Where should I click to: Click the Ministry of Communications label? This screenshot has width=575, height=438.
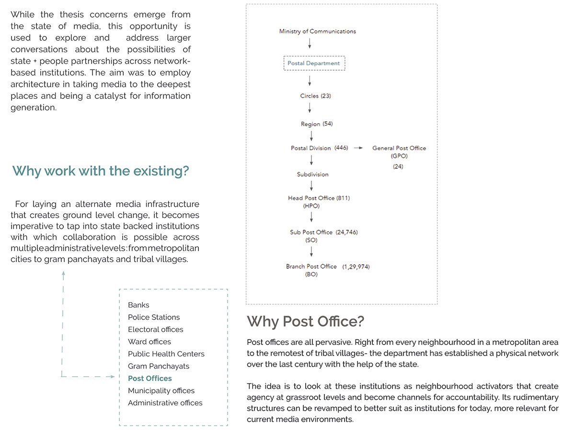point(317,31)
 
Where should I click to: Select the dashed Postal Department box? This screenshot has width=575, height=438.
point(314,63)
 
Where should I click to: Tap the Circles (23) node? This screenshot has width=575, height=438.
point(315,96)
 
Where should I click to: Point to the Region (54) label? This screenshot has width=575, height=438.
point(316,124)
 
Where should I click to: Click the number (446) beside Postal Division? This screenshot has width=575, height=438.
point(341,148)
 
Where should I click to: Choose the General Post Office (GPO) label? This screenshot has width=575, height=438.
point(399,152)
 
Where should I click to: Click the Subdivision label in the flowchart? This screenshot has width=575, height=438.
point(312,174)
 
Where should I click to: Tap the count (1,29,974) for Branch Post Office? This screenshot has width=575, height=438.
point(356,266)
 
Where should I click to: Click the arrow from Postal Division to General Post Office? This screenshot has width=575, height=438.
point(358,148)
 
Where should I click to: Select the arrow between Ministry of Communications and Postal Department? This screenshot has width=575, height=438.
point(310,43)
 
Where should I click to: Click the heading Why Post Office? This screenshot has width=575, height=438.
point(305,321)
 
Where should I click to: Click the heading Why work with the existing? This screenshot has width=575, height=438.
point(101,171)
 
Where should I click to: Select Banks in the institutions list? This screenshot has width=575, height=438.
point(138,305)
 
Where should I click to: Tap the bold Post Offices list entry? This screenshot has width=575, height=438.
point(149,379)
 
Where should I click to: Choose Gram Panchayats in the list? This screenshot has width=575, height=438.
point(158,366)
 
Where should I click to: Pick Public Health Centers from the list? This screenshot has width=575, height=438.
point(166,354)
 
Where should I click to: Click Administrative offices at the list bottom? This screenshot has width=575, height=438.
point(165,403)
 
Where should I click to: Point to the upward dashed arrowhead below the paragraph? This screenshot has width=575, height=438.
point(63,274)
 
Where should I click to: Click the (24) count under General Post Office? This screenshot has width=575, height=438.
point(398,166)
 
